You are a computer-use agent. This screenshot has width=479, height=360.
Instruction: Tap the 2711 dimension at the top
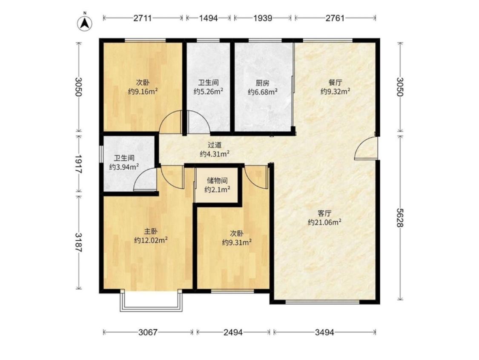pos(143,18)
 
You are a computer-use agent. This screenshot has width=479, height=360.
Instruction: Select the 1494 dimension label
pos(208,18)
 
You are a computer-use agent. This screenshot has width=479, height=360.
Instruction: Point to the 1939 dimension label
pos(263,18)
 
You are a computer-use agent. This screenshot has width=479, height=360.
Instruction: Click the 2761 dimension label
pos(335,18)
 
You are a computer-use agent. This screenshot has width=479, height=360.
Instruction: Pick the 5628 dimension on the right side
pos(400,218)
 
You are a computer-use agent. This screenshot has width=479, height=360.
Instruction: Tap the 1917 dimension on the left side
pos(79,164)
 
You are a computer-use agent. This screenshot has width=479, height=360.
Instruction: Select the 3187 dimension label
pos(79,243)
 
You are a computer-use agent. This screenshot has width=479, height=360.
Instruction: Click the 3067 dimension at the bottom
pos(148,332)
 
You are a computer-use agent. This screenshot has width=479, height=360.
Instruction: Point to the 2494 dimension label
pos(233,332)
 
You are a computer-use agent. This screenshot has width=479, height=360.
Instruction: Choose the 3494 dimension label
pos(324,332)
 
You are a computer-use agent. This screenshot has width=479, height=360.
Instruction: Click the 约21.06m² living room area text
pos(324,222)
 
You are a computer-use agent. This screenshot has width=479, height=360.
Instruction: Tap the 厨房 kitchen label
pos(262,83)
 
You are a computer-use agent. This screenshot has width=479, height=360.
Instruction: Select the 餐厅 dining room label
pos(335,83)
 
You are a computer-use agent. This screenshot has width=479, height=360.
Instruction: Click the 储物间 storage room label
pos(217,181)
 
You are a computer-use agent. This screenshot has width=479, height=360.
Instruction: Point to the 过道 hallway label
pos(215,145)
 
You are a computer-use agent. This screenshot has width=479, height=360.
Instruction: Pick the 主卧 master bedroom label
pos(151,231)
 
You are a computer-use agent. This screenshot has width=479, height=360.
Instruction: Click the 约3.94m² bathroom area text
pos(124,167)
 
